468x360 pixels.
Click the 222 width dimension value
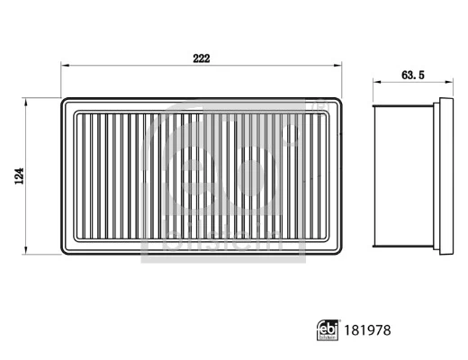pos(201,58)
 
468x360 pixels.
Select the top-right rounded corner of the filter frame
pos(339,102)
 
